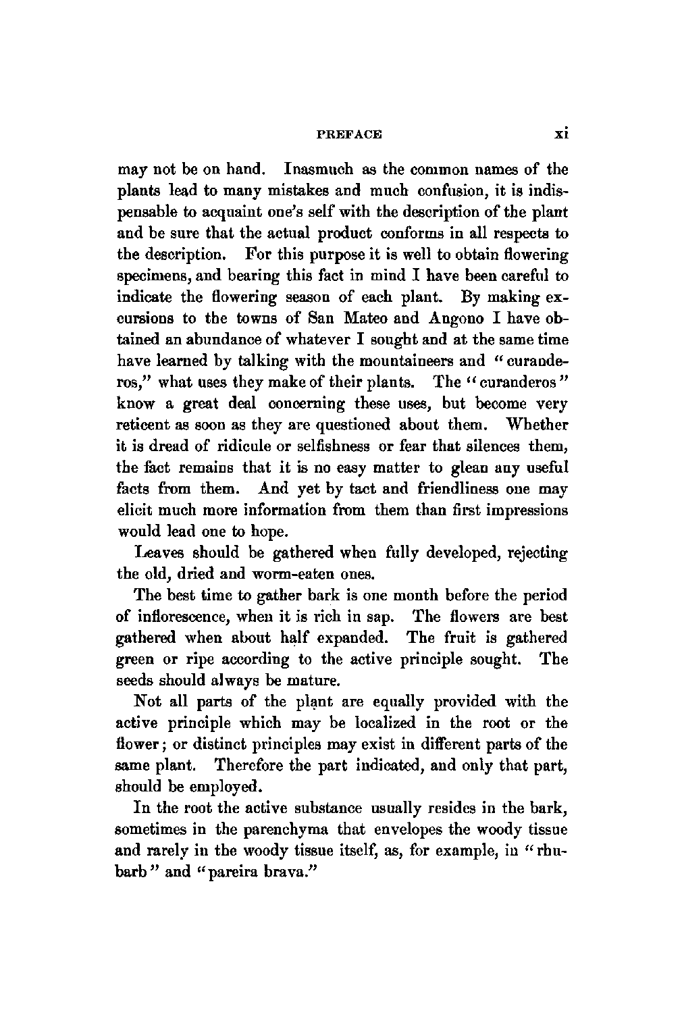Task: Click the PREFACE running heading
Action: click(348, 134)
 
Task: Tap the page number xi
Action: click(560, 134)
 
